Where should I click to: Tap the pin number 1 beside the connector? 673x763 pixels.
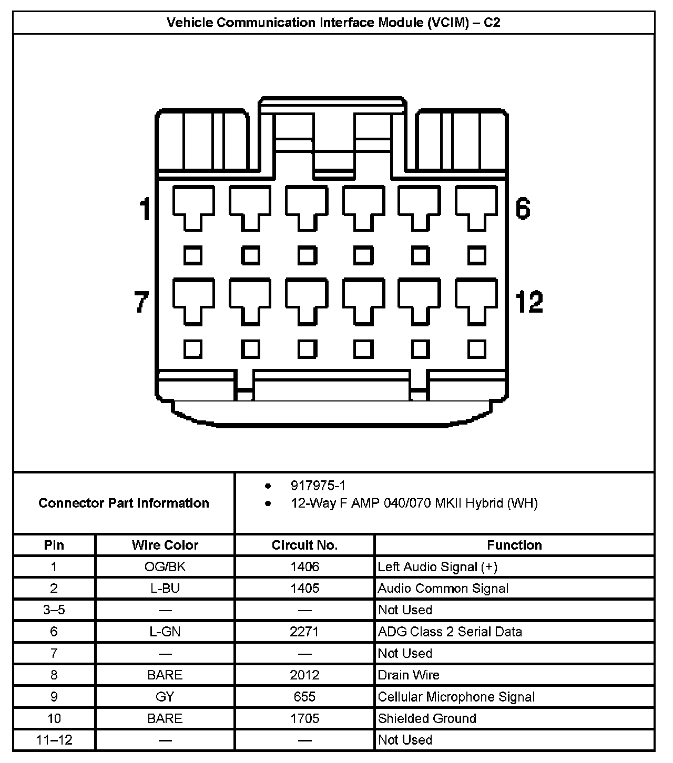(x=145, y=209)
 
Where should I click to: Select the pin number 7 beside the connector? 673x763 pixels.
(x=141, y=302)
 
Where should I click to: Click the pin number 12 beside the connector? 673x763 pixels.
(x=529, y=302)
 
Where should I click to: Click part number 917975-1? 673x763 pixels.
(x=318, y=486)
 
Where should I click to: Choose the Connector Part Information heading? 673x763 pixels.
(x=124, y=503)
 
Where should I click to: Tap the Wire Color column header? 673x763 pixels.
(x=165, y=545)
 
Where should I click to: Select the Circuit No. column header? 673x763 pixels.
(x=304, y=545)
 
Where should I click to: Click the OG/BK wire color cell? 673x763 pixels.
(x=165, y=566)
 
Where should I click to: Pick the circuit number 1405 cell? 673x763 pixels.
(x=304, y=588)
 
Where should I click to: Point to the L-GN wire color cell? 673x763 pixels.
(x=165, y=632)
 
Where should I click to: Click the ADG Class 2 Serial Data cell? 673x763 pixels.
(x=450, y=632)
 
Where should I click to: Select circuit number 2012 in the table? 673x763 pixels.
(x=304, y=675)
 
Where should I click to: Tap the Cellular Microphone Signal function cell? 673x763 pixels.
(x=456, y=697)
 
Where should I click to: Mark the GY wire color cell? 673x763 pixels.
(x=165, y=697)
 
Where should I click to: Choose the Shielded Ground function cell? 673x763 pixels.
(x=427, y=718)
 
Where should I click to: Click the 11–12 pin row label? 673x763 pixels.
(x=54, y=740)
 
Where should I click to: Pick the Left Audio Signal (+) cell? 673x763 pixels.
(x=437, y=566)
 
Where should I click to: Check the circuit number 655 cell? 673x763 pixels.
(x=304, y=697)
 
